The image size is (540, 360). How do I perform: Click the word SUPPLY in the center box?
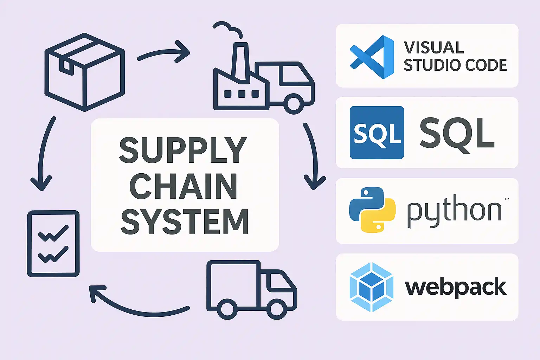click(183, 150)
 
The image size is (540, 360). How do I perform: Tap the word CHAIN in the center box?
click(183, 186)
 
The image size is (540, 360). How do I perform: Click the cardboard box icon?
click(85, 72)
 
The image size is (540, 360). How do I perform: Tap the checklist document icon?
click(53, 243)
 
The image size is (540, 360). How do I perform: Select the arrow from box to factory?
click(163, 53)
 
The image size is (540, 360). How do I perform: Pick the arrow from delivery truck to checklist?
click(137, 303)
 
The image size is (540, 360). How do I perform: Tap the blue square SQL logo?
click(377, 133)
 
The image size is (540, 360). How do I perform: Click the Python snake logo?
click(372, 210)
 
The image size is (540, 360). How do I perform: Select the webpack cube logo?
click(371, 287)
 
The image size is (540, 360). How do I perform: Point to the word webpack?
click(455, 287)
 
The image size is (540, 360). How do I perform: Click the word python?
click(454, 211)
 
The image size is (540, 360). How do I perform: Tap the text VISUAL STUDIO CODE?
click(455, 57)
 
